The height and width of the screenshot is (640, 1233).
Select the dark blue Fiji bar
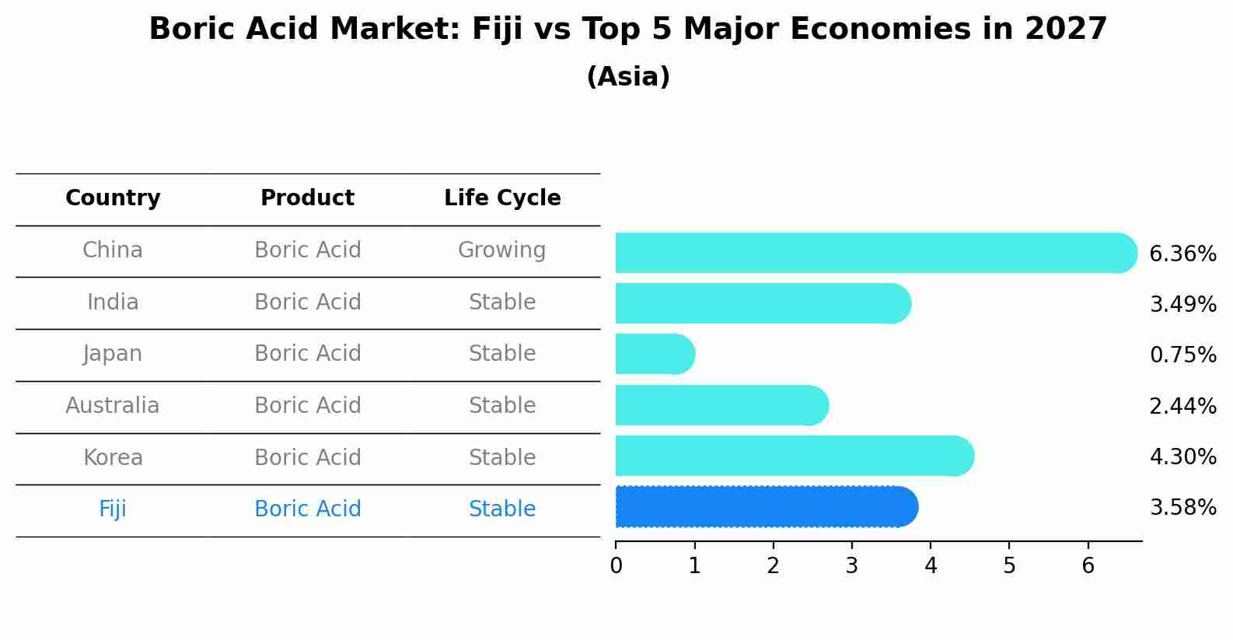[766, 507]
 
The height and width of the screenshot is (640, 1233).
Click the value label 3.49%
[1182, 304]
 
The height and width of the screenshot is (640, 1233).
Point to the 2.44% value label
[1182, 406]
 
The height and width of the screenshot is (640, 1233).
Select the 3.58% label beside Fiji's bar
[1182, 508]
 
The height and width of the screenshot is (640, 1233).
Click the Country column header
[113, 198]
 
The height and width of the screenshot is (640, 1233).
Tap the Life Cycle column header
[502, 198]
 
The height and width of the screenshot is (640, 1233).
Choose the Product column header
[307, 198]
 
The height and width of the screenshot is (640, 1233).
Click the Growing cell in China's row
[501, 250]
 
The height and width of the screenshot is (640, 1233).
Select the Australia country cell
[113, 406]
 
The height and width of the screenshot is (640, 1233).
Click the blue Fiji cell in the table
[113, 509]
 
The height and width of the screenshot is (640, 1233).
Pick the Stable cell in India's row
[502, 303]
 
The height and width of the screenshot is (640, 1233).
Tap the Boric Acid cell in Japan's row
[307, 354]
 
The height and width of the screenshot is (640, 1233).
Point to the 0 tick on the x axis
[616, 566]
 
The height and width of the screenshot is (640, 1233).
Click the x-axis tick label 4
[931, 566]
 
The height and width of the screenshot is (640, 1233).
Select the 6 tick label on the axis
[1088, 566]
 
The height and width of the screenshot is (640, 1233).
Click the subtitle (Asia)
[628, 77]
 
